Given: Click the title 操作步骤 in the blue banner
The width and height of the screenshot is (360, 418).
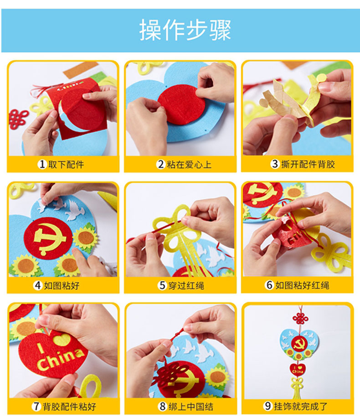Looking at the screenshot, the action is [185, 30].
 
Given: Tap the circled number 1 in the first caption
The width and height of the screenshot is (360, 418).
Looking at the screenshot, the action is [42, 164].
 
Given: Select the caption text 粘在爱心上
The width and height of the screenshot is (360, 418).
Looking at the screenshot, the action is [189, 164].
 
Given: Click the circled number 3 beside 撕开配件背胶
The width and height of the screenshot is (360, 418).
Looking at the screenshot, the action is [275, 164].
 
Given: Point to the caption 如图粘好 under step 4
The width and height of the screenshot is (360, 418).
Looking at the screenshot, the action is [62, 285].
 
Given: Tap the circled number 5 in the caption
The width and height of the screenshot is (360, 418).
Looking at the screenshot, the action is [162, 285].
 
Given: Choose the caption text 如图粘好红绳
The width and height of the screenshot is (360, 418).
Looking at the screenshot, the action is [302, 285].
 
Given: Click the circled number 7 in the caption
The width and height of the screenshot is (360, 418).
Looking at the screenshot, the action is [36, 407].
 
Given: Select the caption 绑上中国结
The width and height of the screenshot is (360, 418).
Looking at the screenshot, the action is [190, 407].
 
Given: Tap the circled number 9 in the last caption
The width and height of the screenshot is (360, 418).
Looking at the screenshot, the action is [268, 406].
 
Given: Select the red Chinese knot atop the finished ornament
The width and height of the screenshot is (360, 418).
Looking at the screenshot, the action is [300, 318].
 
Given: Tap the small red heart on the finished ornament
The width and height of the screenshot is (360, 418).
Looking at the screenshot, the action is [298, 370].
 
